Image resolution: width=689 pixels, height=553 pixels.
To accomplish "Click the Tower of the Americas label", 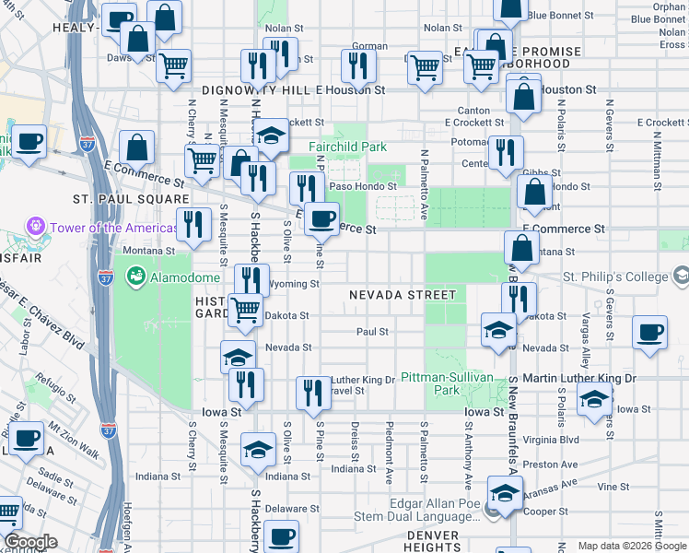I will pos(100,228).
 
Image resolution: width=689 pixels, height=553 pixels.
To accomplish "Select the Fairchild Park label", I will pos(347,147).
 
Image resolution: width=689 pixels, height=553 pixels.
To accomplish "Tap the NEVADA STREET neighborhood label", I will pos(403,295).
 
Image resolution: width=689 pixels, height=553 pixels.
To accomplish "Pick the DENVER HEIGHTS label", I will pos(433,541).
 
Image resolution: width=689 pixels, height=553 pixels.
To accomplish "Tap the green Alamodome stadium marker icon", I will pos(136,276).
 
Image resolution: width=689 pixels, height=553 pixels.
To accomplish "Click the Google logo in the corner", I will pos(30,542).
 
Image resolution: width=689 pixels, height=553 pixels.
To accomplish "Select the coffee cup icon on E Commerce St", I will pos(321,218).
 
